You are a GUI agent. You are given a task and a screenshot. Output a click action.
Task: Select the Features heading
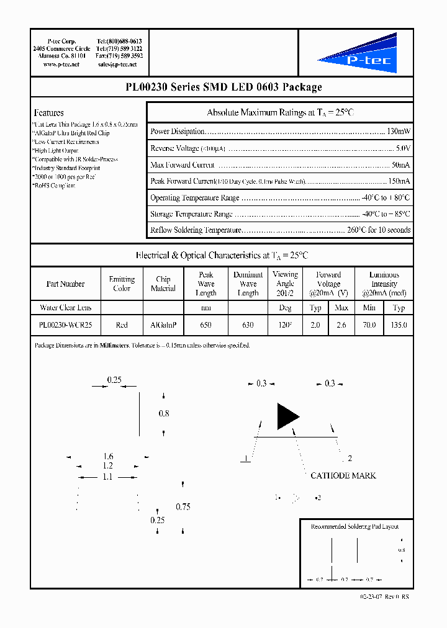point(48,113)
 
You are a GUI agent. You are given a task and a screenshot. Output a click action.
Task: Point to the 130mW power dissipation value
point(398,132)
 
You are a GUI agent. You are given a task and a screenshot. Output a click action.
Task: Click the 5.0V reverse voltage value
point(403,148)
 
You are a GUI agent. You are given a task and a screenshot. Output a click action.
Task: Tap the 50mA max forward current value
point(400,165)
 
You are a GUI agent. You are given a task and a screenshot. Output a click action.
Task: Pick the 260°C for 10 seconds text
point(379,230)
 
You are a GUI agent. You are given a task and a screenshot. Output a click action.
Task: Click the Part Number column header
point(65,284)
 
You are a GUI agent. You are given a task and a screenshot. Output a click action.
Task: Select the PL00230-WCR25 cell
point(65,325)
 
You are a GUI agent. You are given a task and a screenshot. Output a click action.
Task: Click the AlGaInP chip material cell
point(163,325)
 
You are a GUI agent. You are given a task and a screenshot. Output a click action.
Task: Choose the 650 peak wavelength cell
point(205,325)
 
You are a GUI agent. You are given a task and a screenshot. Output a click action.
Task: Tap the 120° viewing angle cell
point(285,325)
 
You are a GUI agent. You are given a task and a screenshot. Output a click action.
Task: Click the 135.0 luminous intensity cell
point(399,325)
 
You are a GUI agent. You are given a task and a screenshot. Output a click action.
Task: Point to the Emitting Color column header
point(122,284)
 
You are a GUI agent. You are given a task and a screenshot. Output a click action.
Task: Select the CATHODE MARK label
point(343,475)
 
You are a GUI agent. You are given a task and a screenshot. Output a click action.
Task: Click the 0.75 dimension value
point(183,506)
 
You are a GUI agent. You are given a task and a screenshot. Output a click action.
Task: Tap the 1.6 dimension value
point(108,457)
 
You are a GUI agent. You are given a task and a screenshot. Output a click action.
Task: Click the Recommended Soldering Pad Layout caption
point(354,526)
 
